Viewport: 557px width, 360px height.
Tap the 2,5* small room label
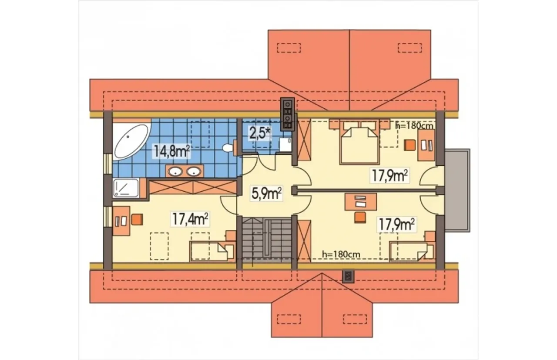(260, 134)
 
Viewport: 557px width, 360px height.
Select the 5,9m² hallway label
(266, 193)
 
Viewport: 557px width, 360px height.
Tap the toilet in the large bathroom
(229, 148)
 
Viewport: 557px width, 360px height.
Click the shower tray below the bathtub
(126, 188)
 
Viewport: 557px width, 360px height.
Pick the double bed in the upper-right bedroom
(360, 146)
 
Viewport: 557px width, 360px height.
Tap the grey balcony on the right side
(457, 190)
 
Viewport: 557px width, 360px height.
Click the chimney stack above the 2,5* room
(288, 114)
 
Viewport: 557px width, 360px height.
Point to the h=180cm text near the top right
(414, 126)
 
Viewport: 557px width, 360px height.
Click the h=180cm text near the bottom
(341, 254)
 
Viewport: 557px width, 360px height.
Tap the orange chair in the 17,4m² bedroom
(137, 220)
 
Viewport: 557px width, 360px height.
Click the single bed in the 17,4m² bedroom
(212, 251)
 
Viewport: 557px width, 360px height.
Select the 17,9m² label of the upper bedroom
(389, 176)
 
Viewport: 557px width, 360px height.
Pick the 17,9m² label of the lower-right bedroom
(396, 225)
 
